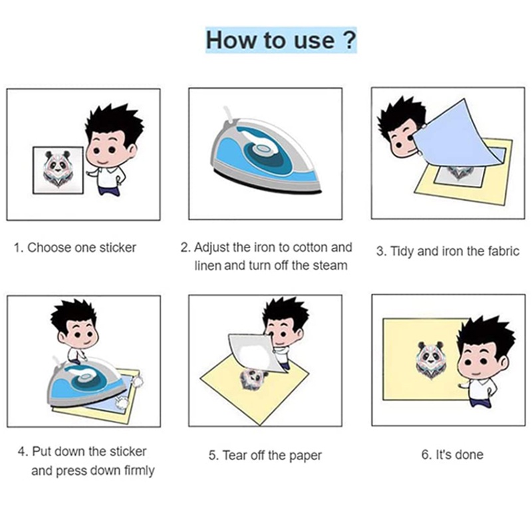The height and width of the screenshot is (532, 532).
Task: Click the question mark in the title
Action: click(348, 40)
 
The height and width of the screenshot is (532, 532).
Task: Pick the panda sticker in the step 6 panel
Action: click(429, 357)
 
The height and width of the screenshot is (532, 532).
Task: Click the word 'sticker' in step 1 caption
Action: click(118, 248)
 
